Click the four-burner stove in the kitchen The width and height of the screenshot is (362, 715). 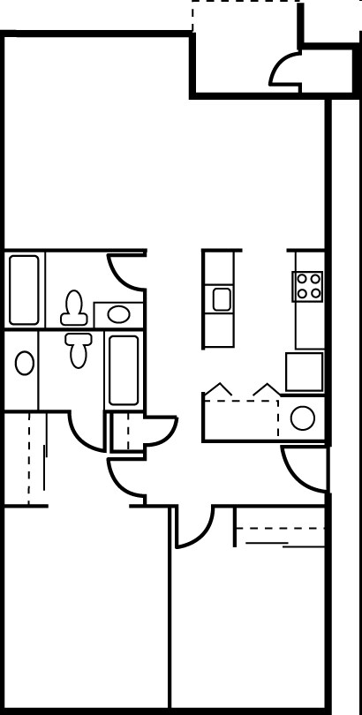(308, 285)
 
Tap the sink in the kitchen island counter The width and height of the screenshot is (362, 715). (221, 298)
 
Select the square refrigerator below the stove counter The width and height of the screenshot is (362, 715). (305, 371)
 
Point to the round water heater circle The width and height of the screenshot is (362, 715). (303, 418)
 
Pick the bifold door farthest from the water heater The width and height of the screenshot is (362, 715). (218, 389)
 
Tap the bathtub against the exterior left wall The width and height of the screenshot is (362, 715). (24, 290)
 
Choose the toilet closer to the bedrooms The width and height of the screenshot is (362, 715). (78, 348)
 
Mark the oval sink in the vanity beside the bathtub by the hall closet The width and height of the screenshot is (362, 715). (118, 312)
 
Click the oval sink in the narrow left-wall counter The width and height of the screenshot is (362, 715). (25, 362)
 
